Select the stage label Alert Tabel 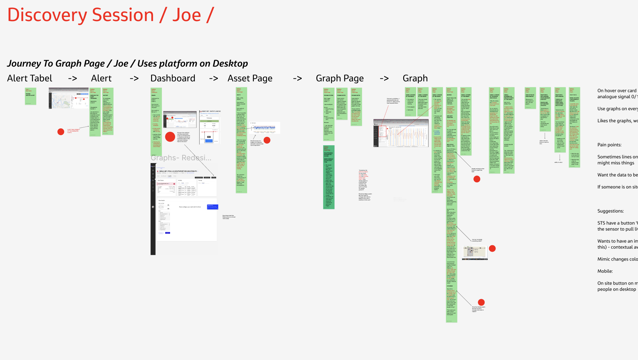(30, 78)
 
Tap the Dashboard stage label (173, 78)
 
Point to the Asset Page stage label (250, 78)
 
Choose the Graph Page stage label (340, 78)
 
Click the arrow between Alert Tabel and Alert (72, 78)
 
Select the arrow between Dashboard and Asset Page (213, 78)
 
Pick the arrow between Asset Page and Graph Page (297, 78)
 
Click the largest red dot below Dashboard (170, 137)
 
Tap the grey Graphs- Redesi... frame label (181, 158)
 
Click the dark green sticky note (329, 177)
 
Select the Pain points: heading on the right (609, 145)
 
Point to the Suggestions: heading (611, 211)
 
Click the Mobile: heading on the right (605, 271)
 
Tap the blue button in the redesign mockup (212, 207)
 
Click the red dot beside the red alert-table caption (61, 132)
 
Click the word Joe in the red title (187, 15)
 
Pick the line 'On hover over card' (617, 91)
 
